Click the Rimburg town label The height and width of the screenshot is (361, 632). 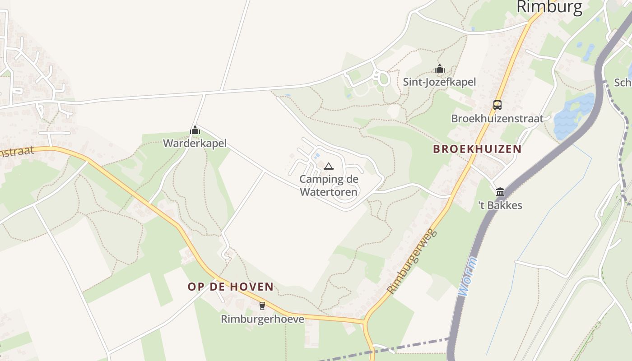(x=549, y=7)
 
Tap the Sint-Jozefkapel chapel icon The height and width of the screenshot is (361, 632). (x=440, y=69)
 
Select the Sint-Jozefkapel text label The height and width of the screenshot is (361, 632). (x=439, y=82)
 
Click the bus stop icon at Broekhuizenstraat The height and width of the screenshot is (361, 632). (x=497, y=105)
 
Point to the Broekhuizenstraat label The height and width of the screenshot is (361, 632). (x=497, y=119)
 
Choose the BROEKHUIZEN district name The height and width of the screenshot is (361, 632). (x=477, y=149)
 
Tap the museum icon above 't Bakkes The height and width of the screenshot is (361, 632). (x=500, y=192)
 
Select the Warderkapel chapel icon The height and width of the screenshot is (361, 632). (x=195, y=130)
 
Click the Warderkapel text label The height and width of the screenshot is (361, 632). (x=195, y=143)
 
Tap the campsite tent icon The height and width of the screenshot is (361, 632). (x=329, y=167)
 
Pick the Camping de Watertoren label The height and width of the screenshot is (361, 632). (x=329, y=185)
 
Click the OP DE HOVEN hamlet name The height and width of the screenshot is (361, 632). (x=231, y=287)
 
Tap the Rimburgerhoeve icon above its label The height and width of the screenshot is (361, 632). (x=262, y=306)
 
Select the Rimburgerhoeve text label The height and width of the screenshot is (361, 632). (x=262, y=319)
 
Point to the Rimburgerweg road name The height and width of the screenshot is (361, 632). (x=413, y=261)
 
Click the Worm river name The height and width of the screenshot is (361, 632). (x=467, y=277)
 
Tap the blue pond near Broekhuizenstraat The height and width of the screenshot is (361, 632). (x=573, y=117)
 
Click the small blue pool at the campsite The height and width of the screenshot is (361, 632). (x=317, y=156)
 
